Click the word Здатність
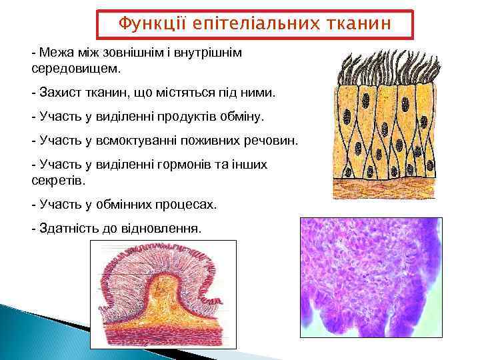(67, 229)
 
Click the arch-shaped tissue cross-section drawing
(163, 294)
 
